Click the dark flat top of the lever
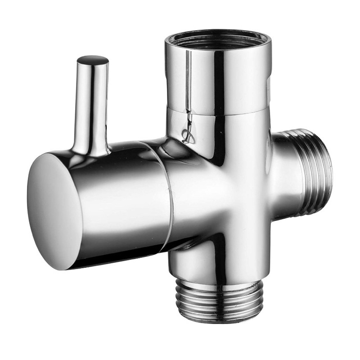[93, 60]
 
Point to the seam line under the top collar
[216, 112]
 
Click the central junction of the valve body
[216, 189]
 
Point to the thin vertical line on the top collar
[187, 81]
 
